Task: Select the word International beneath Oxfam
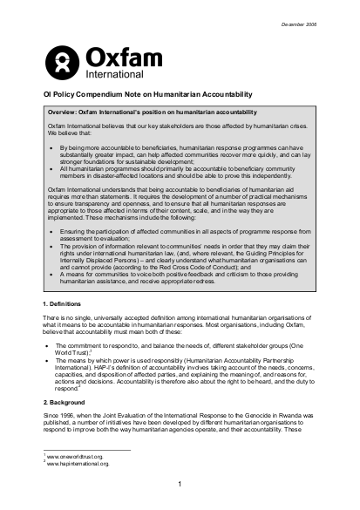coord(111,75)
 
